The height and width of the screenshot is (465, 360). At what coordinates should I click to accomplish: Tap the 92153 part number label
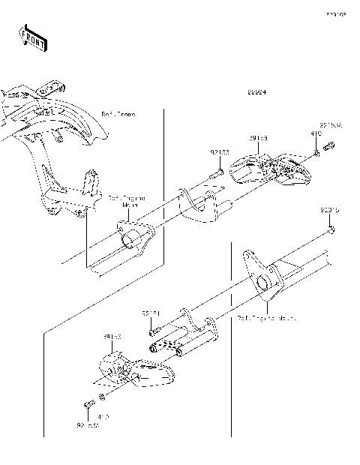pos(218,151)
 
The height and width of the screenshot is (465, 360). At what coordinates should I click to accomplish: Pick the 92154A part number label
pos(331,124)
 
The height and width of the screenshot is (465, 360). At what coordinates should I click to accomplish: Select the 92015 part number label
pos(330,211)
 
